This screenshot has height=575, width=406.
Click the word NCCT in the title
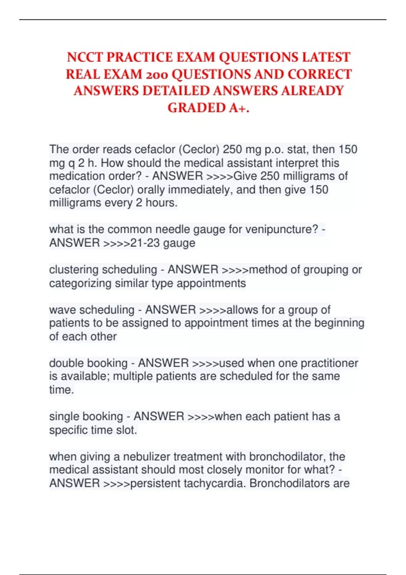pyautogui.click(x=85, y=57)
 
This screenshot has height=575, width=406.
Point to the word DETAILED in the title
pyautogui.click(x=176, y=91)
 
